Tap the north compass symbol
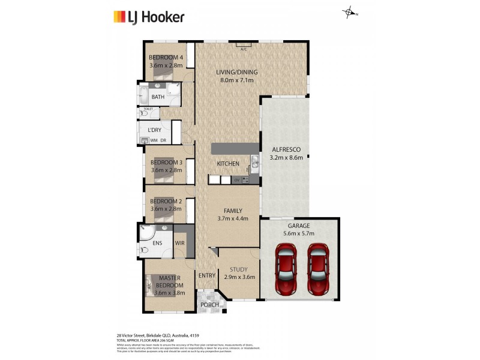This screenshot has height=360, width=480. click(349, 12)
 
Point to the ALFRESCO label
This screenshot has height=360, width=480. click(286, 149)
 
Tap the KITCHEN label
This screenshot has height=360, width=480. click(228, 164)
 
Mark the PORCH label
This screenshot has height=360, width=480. click(209, 305)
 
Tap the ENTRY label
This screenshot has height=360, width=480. click(207, 275)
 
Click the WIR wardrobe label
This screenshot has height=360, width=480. click(179, 243)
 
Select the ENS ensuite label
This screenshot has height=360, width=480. click(158, 243)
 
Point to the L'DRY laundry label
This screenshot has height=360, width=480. click(155, 130)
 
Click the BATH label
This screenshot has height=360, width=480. click(158, 97)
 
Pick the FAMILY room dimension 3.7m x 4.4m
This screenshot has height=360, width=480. click(233, 219)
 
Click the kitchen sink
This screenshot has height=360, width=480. click(254, 161)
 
